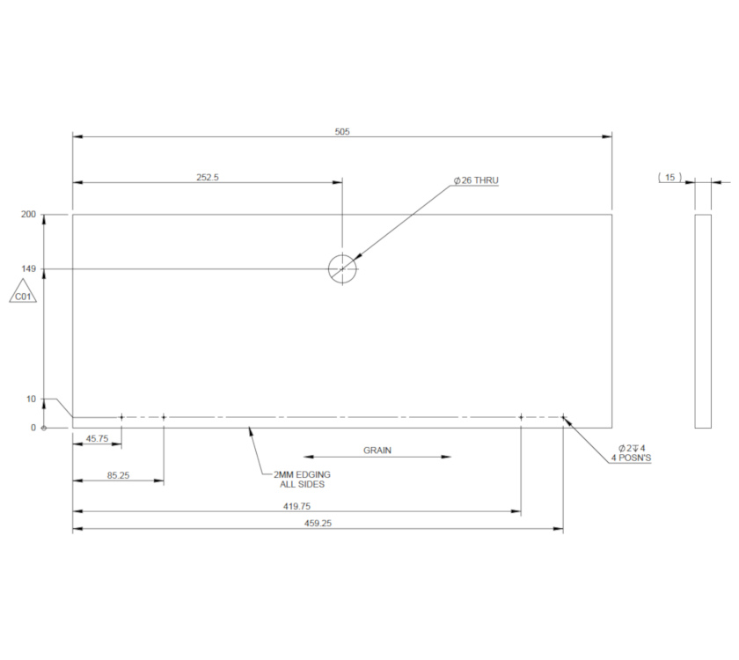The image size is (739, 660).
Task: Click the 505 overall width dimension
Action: click(342, 131)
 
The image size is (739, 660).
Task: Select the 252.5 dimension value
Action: click(208, 177)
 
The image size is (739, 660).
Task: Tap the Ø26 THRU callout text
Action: click(476, 180)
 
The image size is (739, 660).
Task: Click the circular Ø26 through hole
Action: click(342, 268)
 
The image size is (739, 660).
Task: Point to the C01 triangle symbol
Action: click(23, 293)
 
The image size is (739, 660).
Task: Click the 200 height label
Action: click(28, 215)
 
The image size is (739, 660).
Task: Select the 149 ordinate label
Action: click(28, 268)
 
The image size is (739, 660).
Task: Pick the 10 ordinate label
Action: click(31, 400)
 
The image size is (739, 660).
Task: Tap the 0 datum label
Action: click(33, 428)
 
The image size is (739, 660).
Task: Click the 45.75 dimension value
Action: click(96, 437)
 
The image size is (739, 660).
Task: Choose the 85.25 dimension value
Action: click(119, 475)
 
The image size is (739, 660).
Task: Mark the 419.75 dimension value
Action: click(297, 506)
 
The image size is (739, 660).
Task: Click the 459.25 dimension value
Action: click(317, 524)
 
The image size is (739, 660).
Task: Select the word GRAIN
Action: click(377, 451)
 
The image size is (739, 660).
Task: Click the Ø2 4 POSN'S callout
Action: click(632, 453)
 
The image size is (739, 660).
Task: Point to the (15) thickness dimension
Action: click(669, 178)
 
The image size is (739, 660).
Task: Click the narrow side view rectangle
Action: click(703, 320)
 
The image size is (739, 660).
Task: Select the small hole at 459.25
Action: click(563, 417)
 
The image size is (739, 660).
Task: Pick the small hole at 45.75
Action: click(121, 417)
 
